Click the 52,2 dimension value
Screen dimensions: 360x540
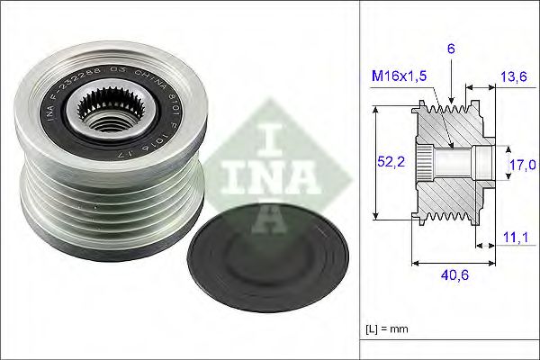(386, 161)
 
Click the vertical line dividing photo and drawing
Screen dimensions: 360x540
(360, 180)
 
